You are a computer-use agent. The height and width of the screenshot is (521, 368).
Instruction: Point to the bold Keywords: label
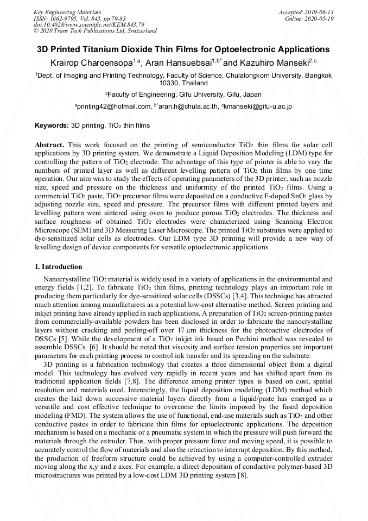tap(52, 125)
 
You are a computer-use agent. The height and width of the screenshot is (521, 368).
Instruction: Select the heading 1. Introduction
tap(59, 267)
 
